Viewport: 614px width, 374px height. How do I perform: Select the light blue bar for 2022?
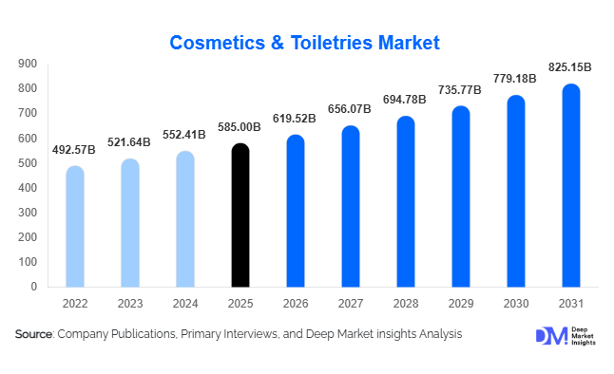74,227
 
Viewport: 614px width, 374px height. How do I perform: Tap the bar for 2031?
571,185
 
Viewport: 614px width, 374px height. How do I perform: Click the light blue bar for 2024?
185,219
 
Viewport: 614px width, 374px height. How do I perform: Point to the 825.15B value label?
570,67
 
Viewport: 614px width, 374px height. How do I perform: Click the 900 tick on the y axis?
28,64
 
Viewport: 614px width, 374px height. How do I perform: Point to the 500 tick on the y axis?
28,163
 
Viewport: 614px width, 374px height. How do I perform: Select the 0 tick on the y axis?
34,287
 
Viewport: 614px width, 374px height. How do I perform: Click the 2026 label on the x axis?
296,305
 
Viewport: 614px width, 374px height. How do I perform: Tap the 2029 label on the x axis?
461,305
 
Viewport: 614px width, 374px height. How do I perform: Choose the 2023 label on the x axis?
130,305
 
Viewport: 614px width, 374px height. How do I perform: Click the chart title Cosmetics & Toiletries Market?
305,43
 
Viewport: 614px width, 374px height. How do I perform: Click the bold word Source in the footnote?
33,334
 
